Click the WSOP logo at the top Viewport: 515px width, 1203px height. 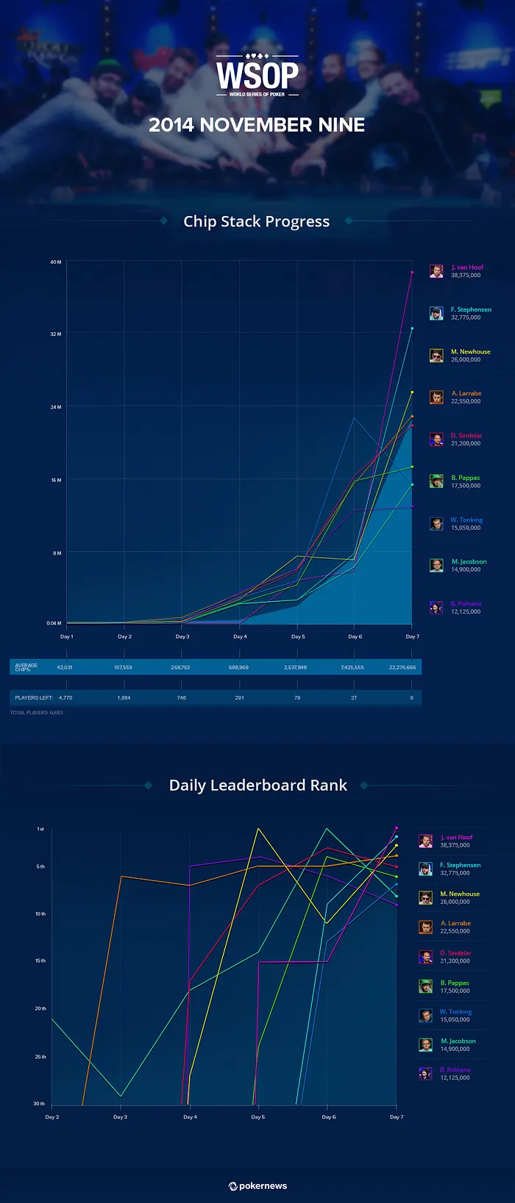257,75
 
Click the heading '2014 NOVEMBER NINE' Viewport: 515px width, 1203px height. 257,125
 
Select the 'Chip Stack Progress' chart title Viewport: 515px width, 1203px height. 256,221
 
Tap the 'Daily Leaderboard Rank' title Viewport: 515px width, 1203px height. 257,785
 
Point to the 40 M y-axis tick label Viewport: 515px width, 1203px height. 56,262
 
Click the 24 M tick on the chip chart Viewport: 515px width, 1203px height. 56,406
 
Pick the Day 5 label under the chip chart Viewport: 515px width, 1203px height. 297,636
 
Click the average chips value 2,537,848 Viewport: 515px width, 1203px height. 295,667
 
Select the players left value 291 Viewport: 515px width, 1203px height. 239,697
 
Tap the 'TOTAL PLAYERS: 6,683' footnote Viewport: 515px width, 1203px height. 36,712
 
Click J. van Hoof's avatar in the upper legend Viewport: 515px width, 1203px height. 436,271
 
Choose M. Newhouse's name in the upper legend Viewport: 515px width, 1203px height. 465,352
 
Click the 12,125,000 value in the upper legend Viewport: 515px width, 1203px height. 465,611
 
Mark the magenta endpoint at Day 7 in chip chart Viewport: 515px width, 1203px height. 412,272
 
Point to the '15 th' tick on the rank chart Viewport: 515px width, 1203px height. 40,960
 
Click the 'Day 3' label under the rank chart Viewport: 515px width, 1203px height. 120,1117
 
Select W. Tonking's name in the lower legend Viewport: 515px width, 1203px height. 456,1012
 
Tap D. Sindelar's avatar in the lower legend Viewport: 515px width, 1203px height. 426,957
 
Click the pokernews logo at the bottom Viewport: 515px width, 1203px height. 257,1185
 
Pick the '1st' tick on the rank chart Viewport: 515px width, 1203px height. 40,829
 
